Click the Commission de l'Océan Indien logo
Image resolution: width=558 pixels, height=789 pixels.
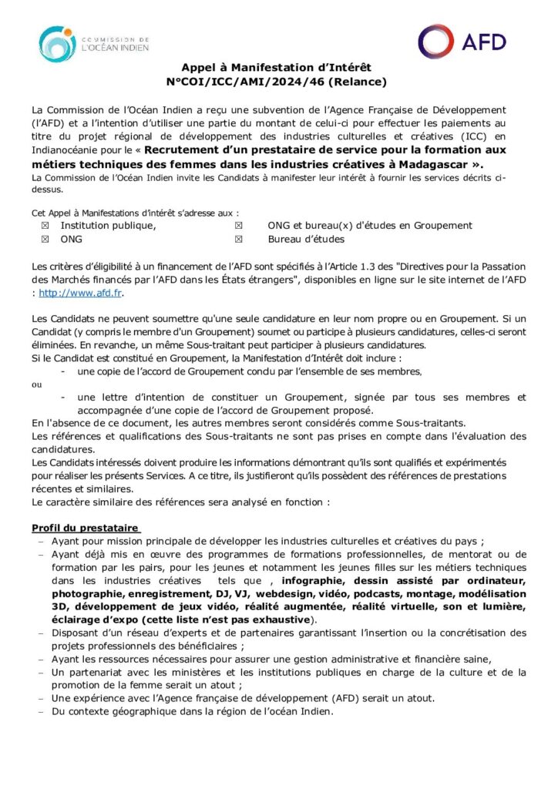tap(93, 44)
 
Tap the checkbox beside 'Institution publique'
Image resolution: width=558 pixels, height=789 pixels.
tap(44, 226)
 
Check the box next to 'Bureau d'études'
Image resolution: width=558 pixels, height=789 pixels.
tap(238, 240)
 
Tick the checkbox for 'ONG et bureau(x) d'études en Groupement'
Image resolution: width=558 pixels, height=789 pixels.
tap(238, 226)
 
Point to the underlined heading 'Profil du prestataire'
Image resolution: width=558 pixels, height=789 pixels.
tap(85, 528)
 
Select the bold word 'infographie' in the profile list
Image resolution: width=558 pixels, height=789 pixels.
tap(314, 580)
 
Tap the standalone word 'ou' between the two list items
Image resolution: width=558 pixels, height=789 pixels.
tap(36, 384)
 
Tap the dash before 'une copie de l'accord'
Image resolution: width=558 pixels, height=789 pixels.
tap(62, 371)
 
